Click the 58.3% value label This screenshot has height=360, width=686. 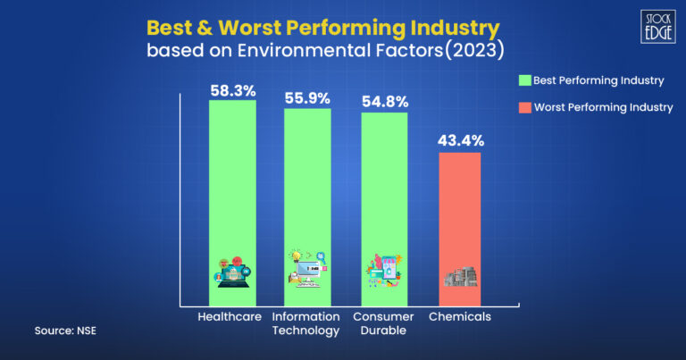point(232,91)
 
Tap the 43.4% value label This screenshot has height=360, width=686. point(459,141)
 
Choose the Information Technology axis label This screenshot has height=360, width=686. point(307,323)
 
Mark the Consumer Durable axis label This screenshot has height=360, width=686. point(384,323)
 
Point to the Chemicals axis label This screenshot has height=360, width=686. point(459,317)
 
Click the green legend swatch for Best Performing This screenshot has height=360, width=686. point(524,80)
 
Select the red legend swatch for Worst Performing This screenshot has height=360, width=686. point(524,107)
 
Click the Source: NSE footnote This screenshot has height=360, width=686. point(66,331)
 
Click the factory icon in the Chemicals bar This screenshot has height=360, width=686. point(459,275)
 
